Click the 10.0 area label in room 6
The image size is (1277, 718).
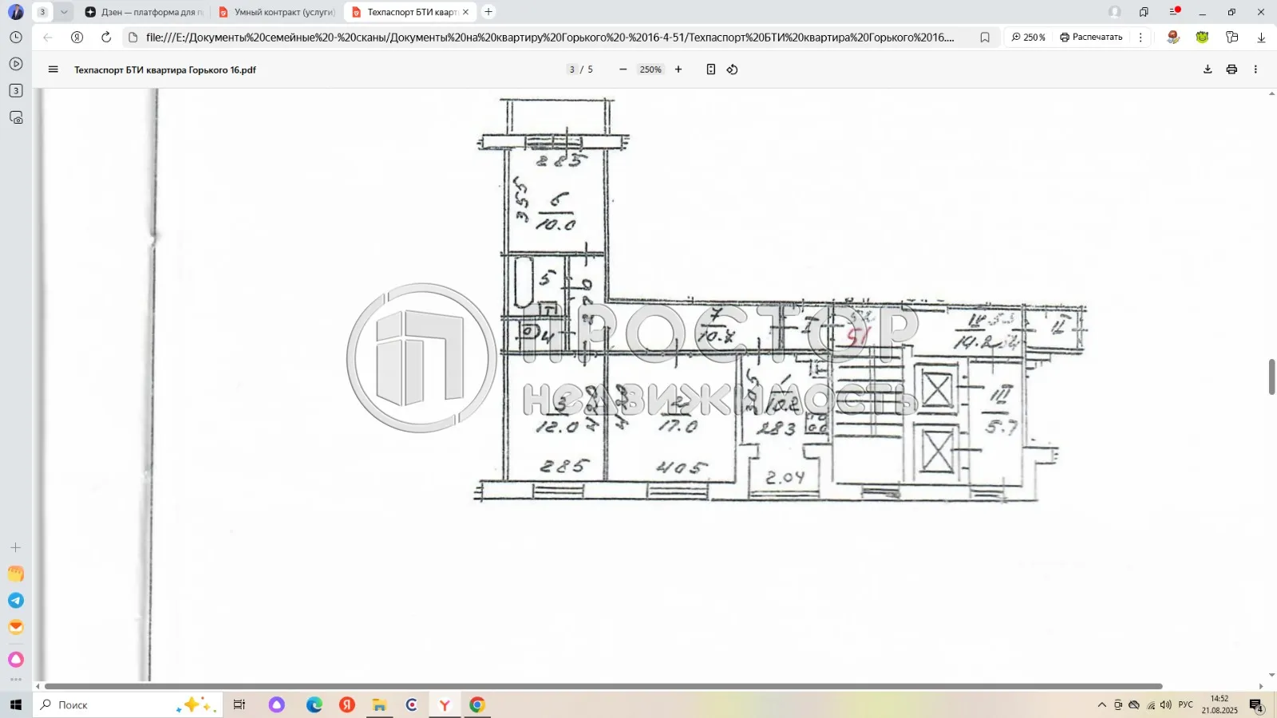(555, 225)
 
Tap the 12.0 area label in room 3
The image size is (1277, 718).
(557, 427)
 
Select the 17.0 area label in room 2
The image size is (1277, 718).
(678, 427)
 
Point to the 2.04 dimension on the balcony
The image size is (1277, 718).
(785, 478)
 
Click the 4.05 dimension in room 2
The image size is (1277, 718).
(681, 467)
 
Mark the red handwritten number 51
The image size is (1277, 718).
(857, 337)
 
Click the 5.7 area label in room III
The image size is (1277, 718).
(1001, 428)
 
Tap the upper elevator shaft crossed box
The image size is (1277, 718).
(936, 391)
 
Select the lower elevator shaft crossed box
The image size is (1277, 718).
(936, 451)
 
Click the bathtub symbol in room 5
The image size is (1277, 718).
(524, 282)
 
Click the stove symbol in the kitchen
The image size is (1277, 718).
(816, 424)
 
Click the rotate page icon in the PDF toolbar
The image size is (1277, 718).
(732, 69)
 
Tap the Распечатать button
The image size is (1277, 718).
(1091, 37)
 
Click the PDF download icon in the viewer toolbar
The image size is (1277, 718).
(1208, 69)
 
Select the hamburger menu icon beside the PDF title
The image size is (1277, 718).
(53, 69)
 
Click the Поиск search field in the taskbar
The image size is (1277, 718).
(112, 704)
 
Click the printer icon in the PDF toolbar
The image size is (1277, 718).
(1232, 69)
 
